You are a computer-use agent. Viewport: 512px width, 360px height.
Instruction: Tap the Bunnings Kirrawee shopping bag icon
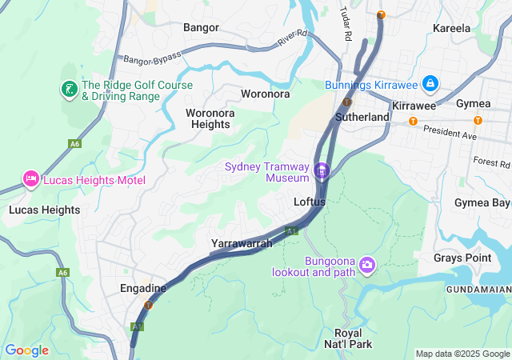coord(430,84)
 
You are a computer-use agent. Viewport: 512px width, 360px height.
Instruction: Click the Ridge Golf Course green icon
coord(70,89)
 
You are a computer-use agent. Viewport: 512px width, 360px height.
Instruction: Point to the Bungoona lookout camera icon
coord(367,264)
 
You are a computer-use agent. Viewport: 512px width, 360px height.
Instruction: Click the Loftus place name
coord(310,202)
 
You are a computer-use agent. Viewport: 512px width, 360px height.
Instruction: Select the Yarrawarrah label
coord(242,243)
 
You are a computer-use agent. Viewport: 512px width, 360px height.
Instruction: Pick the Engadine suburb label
coord(142,288)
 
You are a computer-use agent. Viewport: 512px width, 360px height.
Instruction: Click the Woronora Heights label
coord(210,118)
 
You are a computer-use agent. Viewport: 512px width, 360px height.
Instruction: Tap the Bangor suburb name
coord(201,27)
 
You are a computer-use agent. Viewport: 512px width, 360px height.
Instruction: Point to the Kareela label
coord(451,28)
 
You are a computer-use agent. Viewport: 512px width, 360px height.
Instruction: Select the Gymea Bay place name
coord(482,202)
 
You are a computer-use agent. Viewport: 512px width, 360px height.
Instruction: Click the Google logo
coord(26,350)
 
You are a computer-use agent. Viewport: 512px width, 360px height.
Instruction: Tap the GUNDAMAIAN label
coord(478,288)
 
